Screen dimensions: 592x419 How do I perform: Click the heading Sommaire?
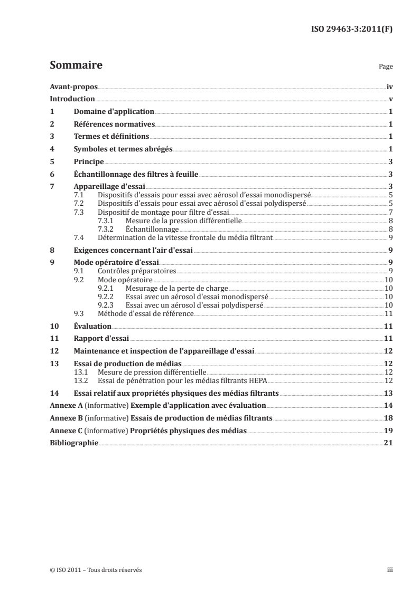(76, 66)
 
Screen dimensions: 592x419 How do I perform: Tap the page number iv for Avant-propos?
(389, 87)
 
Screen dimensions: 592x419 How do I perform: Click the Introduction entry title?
(72, 99)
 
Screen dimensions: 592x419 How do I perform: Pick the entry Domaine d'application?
(114, 112)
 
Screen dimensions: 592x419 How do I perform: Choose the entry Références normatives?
(114, 125)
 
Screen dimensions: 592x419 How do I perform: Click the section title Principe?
(88, 161)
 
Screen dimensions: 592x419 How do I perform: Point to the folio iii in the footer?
(390, 570)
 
